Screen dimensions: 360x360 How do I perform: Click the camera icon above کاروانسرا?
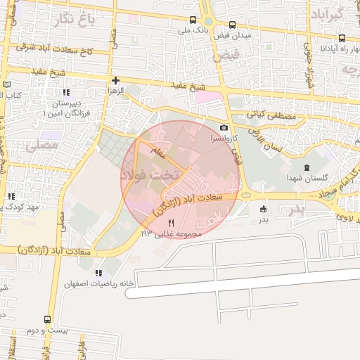tap(224, 127)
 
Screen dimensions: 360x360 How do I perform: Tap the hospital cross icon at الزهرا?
tap(115, 80)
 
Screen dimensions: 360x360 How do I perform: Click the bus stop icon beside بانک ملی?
tap(194, 21)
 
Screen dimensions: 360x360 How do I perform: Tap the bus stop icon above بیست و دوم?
tap(48, 319)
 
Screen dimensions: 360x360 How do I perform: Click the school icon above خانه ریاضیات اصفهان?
tap(98, 273)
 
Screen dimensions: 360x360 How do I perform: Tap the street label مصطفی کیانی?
tap(264, 112)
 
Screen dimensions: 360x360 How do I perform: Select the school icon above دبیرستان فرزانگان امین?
tap(65, 92)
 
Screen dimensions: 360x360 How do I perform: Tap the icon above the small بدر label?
tap(263, 208)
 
